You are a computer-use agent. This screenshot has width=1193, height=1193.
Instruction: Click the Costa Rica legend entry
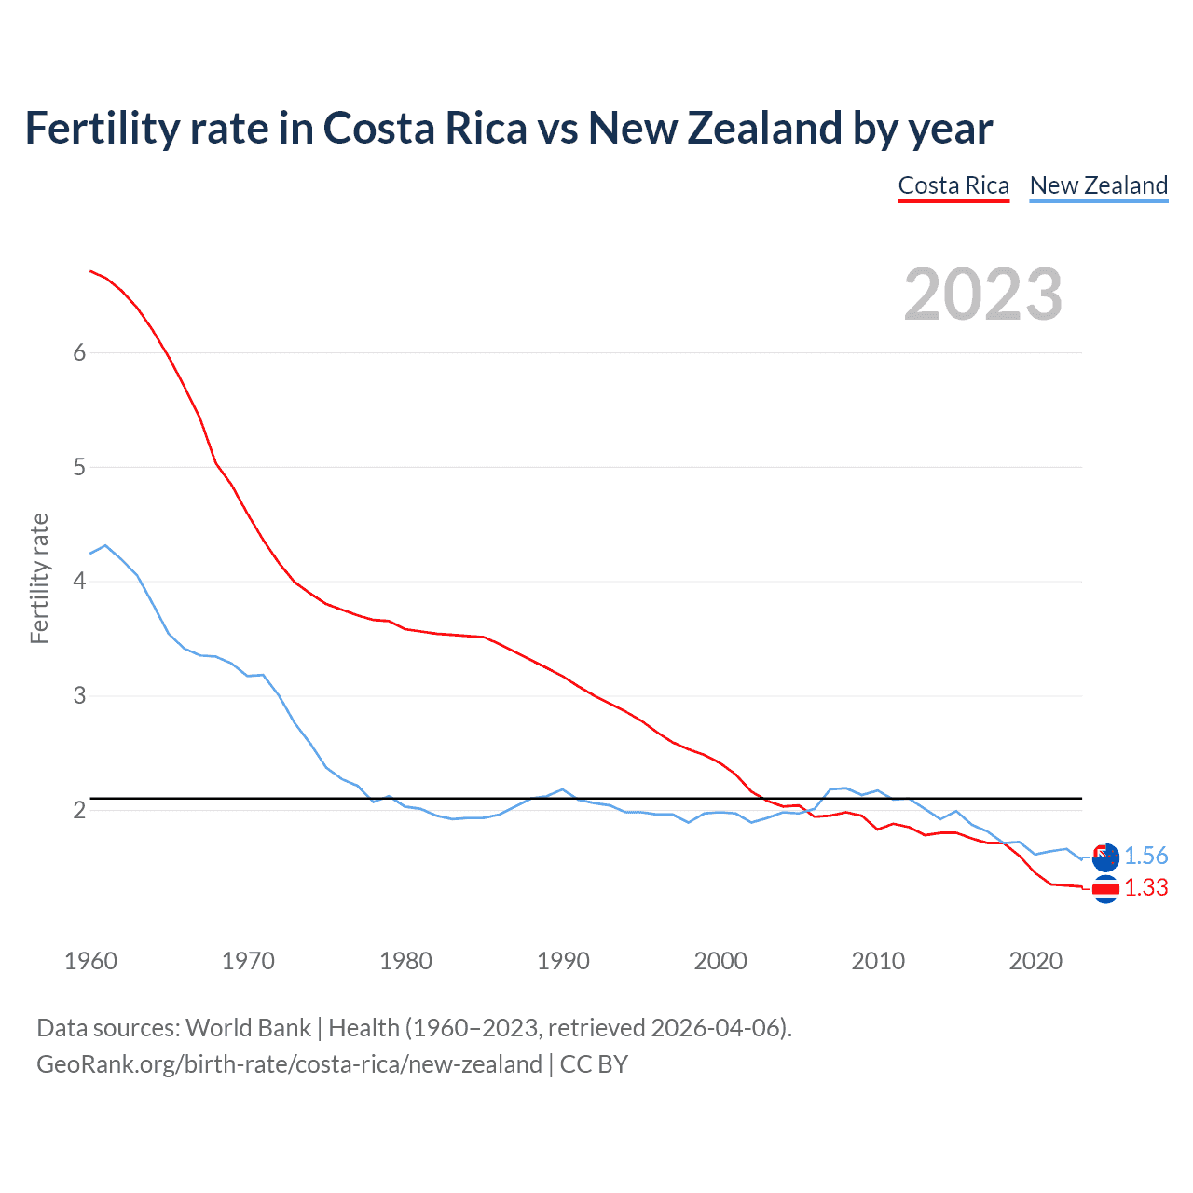tap(953, 185)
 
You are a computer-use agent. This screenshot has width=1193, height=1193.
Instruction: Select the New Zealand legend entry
tap(1098, 185)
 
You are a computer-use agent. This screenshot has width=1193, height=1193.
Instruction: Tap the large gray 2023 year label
tap(982, 295)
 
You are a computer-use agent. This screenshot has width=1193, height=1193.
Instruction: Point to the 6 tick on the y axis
tap(79, 352)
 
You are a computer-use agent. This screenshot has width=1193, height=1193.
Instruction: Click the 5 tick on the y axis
tap(79, 467)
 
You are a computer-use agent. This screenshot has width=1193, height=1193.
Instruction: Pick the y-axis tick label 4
tap(79, 582)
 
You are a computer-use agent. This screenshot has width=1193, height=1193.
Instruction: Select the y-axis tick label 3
tap(79, 696)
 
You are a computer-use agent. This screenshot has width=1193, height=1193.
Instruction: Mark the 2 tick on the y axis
tap(79, 810)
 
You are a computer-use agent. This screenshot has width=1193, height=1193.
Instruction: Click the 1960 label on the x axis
tap(90, 961)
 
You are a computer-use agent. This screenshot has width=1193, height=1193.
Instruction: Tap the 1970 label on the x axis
tap(248, 961)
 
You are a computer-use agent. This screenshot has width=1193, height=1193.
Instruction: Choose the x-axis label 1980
tap(405, 961)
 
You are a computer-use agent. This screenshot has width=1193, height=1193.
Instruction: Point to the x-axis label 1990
tap(563, 961)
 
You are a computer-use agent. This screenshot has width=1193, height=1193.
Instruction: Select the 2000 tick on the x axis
tap(720, 961)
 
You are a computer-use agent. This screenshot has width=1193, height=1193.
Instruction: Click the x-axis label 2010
tap(878, 961)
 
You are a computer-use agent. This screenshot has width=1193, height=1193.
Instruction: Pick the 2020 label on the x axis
tap(1035, 961)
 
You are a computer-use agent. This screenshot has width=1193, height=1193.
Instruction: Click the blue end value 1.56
tap(1145, 857)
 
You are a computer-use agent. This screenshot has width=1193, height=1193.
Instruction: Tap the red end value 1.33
tap(1145, 888)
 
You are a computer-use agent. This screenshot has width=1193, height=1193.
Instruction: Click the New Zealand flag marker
tap(1105, 857)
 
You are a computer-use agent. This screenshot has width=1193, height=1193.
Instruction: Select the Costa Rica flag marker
tap(1105, 890)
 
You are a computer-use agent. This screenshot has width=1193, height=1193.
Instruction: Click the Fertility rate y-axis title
tap(39, 578)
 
